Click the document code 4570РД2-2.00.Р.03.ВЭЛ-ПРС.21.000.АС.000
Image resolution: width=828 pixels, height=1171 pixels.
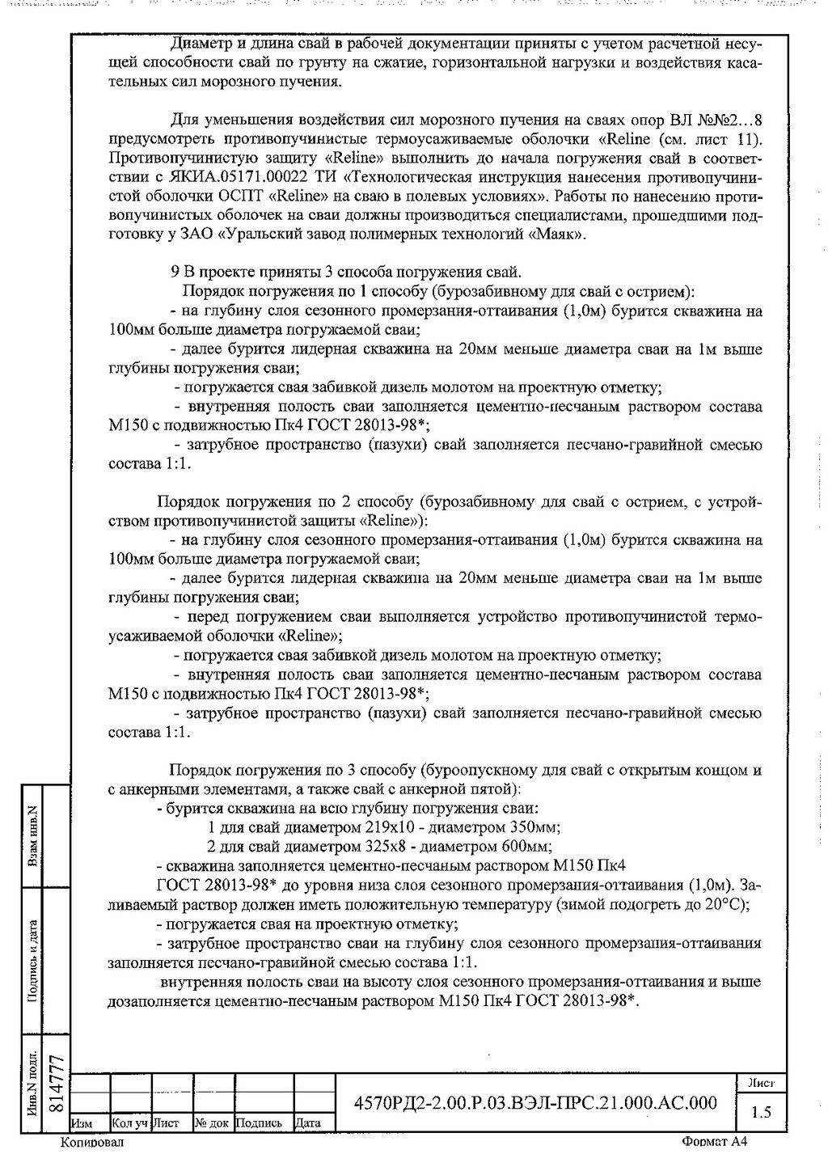pos(536,1103)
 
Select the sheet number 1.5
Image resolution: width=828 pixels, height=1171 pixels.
pos(760,1112)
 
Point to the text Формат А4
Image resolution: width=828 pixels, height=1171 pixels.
pos(715,1142)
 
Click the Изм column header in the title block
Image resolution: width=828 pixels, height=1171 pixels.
pos(82,1122)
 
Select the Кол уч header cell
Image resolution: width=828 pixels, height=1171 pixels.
pos(129,1122)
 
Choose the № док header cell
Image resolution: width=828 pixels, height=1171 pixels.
pos(212,1122)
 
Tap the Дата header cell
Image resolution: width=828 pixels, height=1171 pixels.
pos(308,1122)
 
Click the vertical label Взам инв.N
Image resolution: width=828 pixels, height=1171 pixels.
pos(33,836)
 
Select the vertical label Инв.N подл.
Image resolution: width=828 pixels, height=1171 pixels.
pos(33,1084)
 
